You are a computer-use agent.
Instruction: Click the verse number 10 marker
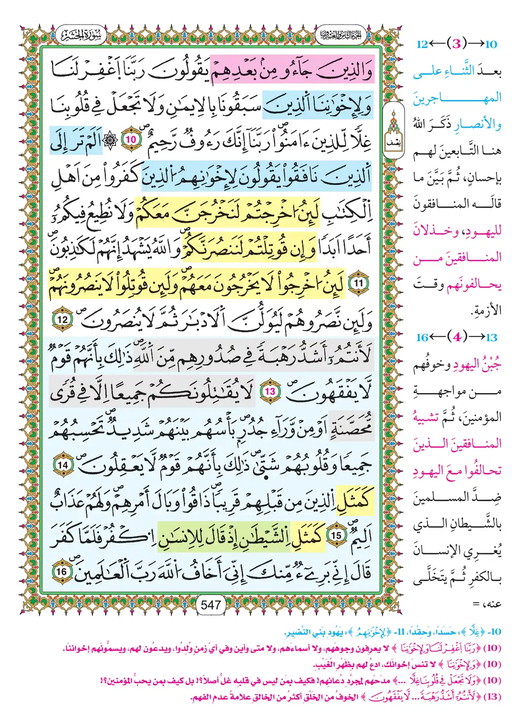point(131,140)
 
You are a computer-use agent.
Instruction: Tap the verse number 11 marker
point(358,283)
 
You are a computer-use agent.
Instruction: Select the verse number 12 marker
point(63,320)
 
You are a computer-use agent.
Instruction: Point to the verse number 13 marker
point(270,392)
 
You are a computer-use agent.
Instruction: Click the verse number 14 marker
point(63,465)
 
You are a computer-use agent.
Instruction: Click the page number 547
point(211,605)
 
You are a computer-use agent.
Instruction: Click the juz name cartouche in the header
point(340,35)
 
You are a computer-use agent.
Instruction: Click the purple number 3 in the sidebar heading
point(456,44)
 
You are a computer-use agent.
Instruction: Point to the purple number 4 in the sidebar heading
point(457,337)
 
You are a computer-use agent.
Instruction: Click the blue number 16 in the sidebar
point(422,337)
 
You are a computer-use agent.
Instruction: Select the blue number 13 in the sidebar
point(491,337)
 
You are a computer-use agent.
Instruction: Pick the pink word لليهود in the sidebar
point(483,231)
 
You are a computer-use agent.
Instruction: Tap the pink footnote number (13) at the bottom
point(492,697)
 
